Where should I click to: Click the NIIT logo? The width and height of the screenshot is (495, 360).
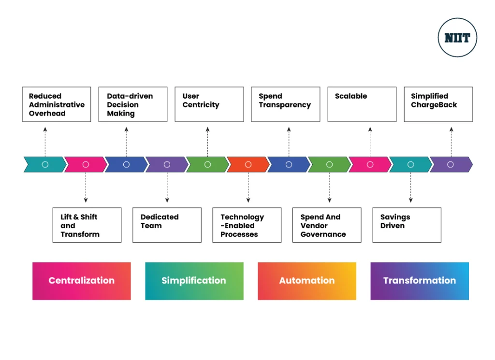click(x=457, y=38)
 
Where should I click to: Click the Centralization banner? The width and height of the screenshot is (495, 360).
click(x=81, y=281)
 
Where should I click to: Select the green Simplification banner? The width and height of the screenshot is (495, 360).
click(x=194, y=281)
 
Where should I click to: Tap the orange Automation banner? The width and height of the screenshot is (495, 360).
click(x=307, y=281)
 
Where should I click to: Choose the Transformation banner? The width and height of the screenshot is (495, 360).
click(x=420, y=281)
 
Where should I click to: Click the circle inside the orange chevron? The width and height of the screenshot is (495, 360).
click(x=248, y=164)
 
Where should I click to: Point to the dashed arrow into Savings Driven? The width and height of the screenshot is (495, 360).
click(x=411, y=187)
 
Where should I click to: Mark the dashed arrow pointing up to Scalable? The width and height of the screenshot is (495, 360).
click(x=370, y=142)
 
